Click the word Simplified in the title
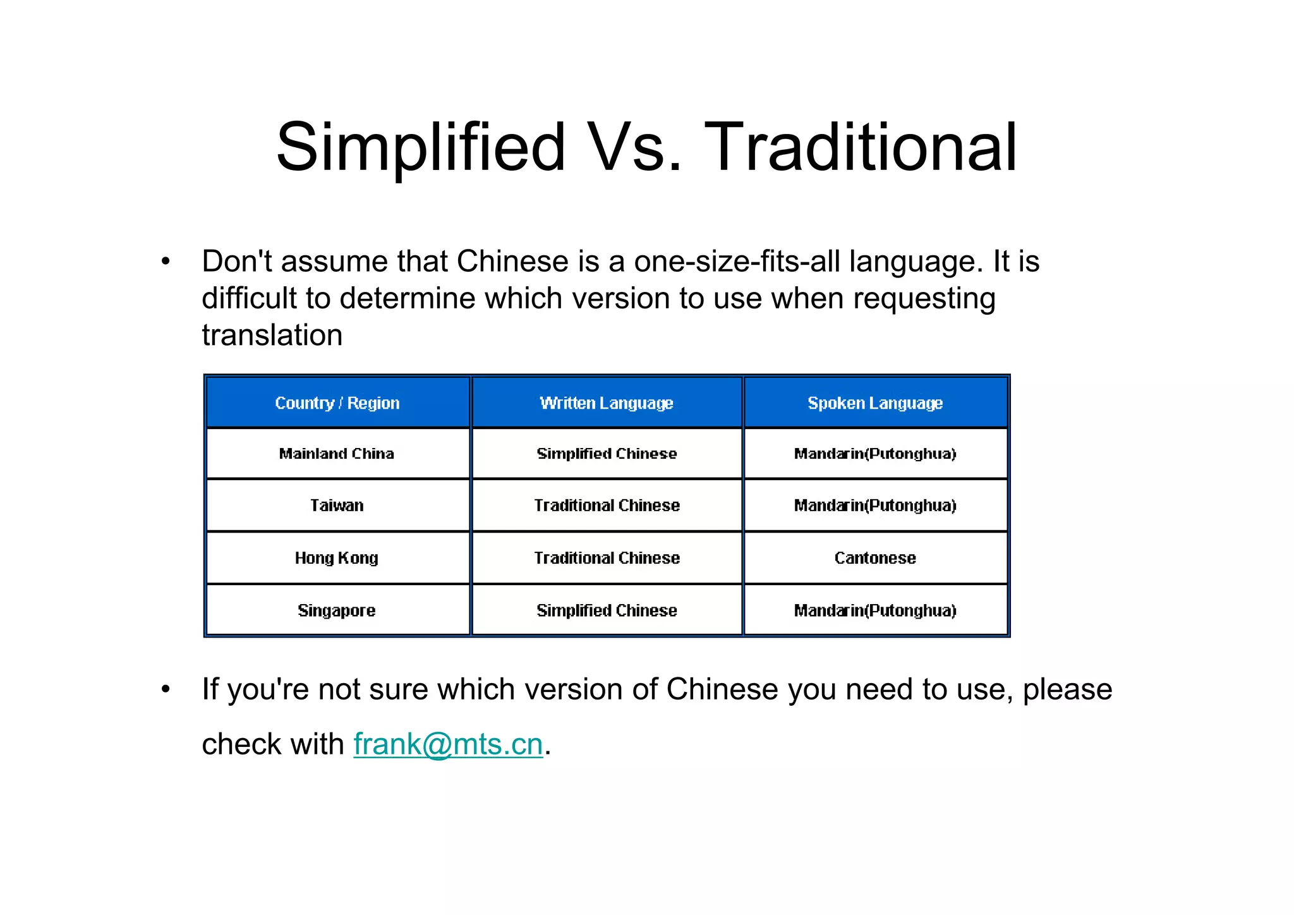pyautogui.click(x=420, y=148)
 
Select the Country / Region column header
pyautogui.click(x=337, y=403)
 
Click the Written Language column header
pyautogui.click(x=607, y=403)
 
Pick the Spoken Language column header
pyautogui.click(x=875, y=403)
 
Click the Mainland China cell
pyautogui.click(x=337, y=454)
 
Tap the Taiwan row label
pyautogui.click(x=337, y=506)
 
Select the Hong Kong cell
pyautogui.click(x=337, y=558)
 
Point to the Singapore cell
pyautogui.click(x=337, y=610)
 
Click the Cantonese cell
pyautogui.click(x=875, y=558)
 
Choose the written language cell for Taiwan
pyautogui.click(x=607, y=506)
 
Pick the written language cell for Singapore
pyautogui.click(x=607, y=610)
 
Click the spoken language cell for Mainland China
pyautogui.click(x=875, y=454)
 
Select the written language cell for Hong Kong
pyautogui.click(x=607, y=558)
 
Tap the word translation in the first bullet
pyautogui.click(x=272, y=335)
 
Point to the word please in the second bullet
pyautogui.click(x=1067, y=689)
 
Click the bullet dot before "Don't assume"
pyautogui.click(x=166, y=262)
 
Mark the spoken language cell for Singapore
pyautogui.click(x=875, y=610)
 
